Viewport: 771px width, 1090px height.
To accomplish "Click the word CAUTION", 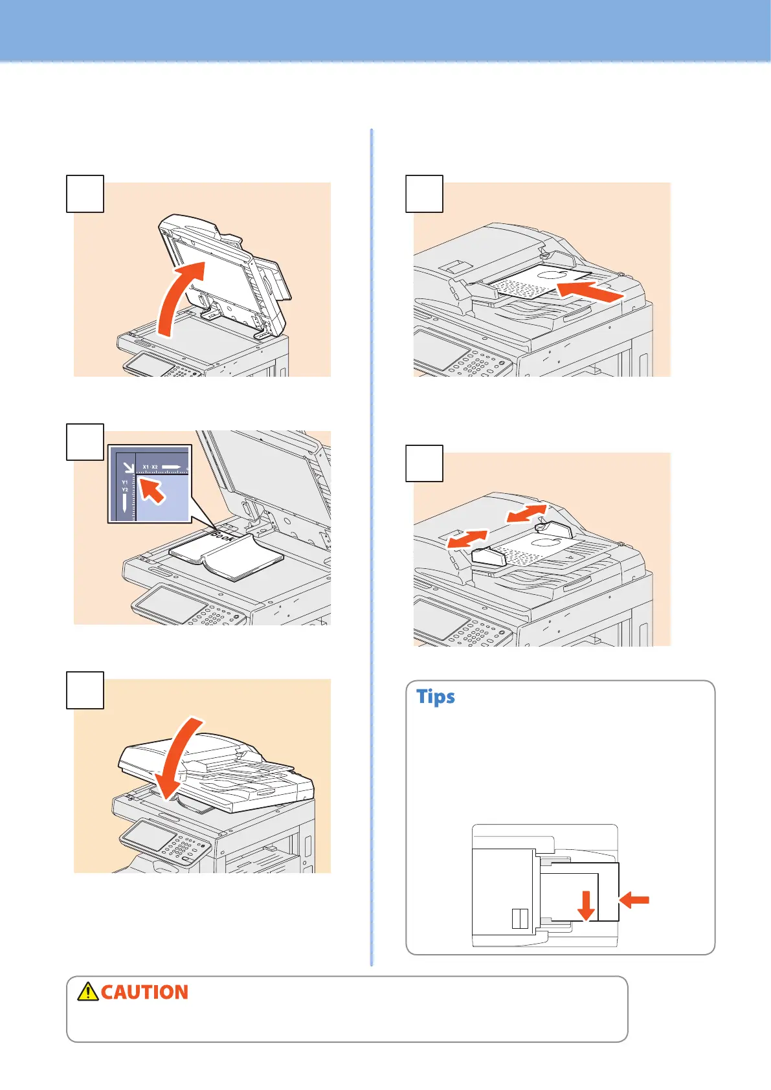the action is point(144,992).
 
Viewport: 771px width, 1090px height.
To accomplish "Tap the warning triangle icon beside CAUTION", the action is point(87,992).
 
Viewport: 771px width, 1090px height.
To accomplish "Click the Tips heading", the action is point(435,696).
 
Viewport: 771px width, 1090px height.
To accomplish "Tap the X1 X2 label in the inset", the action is point(150,467).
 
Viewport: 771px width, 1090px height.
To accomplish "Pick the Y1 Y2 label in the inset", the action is point(125,485).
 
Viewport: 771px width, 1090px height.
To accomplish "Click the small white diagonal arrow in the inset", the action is point(128,465).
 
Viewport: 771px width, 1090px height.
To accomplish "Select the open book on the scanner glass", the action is point(225,557).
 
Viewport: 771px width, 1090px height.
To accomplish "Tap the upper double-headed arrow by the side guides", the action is point(526,513).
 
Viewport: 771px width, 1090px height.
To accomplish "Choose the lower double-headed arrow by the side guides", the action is point(467,539).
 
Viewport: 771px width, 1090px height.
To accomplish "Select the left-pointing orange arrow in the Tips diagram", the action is point(635,898).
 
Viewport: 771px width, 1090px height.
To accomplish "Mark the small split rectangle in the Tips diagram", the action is point(520,918).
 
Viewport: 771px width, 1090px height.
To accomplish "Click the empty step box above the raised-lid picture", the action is point(85,194).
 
